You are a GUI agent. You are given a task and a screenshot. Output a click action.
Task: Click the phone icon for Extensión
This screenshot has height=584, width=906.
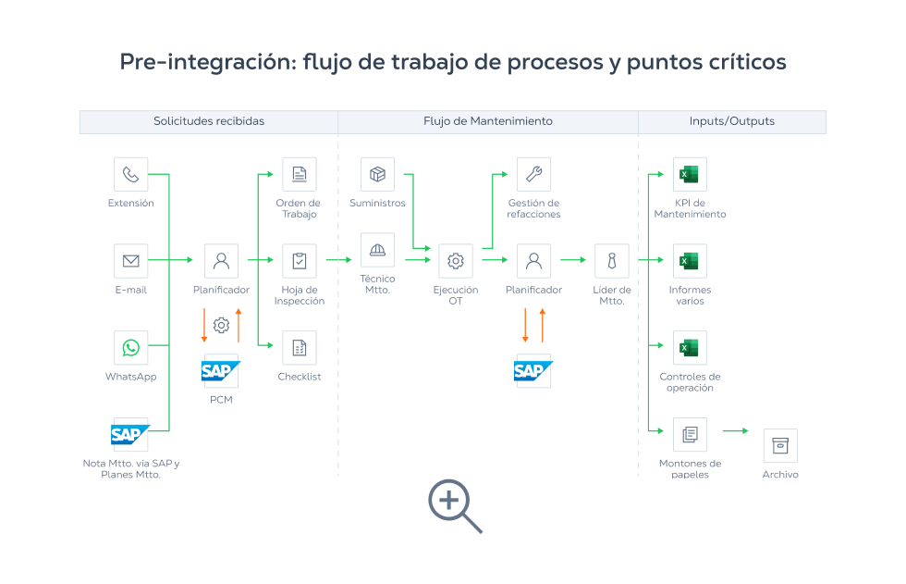(x=130, y=174)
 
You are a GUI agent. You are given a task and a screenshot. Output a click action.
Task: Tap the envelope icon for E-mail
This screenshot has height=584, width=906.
(x=130, y=261)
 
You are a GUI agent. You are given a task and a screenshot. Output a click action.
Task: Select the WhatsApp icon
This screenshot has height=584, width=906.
(x=130, y=348)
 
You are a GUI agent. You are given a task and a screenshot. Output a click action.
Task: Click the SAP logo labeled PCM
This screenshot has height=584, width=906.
(x=220, y=371)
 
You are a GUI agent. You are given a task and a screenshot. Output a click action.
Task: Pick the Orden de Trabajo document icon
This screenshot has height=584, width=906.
(x=299, y=174)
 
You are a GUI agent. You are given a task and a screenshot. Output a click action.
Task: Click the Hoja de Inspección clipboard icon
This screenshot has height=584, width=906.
(x=299, y=261)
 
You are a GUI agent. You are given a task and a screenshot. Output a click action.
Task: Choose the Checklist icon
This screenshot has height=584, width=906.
(x=299, y=348)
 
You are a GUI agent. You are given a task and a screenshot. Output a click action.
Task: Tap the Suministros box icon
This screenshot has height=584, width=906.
(x=377, y=174)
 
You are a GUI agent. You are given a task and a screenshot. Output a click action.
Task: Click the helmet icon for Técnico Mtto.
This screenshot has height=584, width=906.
(x=377, y=250)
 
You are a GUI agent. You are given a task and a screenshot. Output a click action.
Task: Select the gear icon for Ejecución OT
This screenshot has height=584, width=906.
(x=455, y=261)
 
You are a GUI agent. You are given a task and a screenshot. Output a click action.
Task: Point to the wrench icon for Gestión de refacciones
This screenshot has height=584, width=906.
(x=533, y=174)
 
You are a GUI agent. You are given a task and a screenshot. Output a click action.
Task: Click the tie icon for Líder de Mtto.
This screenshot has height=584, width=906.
(x=611, y=261)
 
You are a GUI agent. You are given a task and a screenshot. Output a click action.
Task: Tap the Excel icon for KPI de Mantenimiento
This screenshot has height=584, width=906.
(x=690, y=174)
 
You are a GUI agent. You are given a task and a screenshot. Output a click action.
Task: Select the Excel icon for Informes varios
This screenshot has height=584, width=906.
(x=690, y=261)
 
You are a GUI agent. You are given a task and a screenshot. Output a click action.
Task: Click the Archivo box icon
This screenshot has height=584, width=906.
(x=779, y=445)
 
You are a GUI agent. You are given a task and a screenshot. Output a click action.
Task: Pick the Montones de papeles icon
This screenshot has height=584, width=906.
(x=690, y=434)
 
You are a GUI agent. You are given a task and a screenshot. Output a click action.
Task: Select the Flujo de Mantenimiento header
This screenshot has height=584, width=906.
(x=487, y=121)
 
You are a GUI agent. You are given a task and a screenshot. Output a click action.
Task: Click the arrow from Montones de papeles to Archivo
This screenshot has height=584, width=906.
(x=735, y=431)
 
